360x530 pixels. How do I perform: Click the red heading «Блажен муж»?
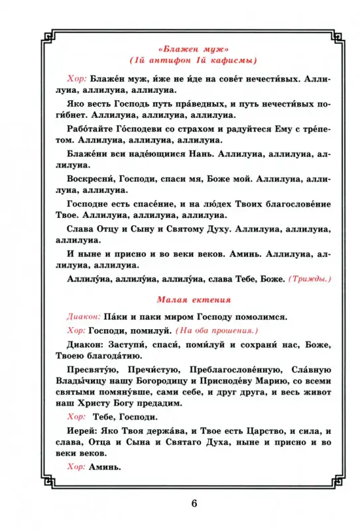click(x=180, y=50)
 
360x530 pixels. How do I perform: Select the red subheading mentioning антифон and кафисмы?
click(x=180, y=61)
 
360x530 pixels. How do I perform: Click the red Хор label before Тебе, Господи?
click(x=77, y=417)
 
